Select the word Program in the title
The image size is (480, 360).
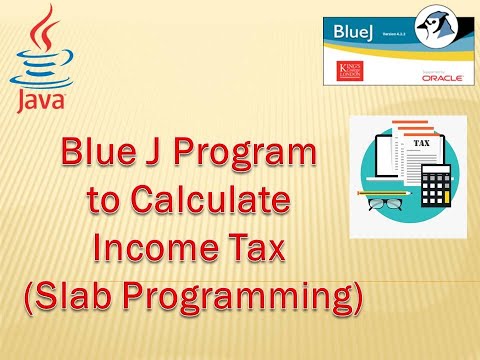(x=260, y=156)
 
